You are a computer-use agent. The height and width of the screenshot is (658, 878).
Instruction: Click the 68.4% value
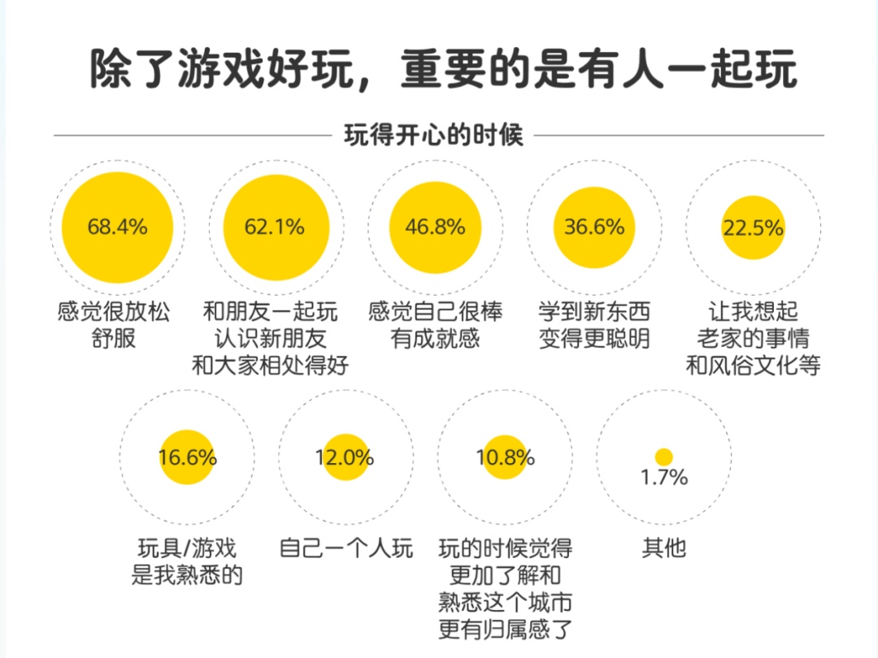coord(118,227)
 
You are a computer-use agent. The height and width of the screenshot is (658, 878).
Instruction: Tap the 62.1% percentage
coord(275,227)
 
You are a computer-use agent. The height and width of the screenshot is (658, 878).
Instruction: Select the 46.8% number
coord(435,227)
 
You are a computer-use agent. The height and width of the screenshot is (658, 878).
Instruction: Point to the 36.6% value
coord(594,227)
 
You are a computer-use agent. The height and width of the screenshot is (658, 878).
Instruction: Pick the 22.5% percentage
coord(753,228)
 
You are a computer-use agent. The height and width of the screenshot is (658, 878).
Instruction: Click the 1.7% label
coord(664,478)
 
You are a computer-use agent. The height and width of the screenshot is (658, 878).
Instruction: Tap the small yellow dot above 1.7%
coord(664,457)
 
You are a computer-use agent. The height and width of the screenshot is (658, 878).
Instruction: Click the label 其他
coord(664,548)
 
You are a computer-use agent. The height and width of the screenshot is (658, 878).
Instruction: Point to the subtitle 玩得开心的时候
coord(434,135)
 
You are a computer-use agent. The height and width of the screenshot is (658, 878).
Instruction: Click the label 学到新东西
coord(594,312)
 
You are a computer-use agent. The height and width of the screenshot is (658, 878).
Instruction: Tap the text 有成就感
coord(435,339)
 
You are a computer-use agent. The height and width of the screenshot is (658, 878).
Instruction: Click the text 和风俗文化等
coord(753,366)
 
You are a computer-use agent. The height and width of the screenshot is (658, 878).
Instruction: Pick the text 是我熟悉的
coord(188,575)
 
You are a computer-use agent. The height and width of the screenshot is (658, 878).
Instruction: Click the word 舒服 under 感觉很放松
coord(114,339)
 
